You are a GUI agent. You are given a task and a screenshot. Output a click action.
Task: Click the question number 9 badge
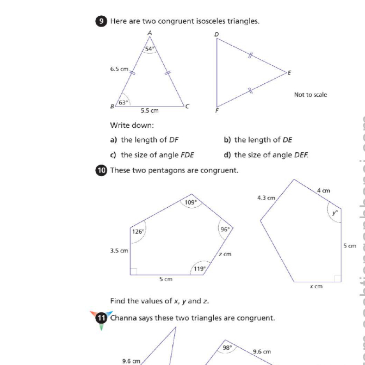point(101,21)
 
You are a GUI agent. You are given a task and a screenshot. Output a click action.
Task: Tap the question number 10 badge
point(101,170)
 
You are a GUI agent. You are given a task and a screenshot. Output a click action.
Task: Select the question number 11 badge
point(101,318)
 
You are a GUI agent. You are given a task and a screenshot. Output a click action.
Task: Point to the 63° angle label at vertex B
point(124,102)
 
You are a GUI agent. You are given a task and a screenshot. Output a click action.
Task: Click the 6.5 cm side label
point(119,69)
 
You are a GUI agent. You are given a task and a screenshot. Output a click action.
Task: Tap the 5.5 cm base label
point(150,111)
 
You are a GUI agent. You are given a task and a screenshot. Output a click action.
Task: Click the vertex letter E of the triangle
point(289,72)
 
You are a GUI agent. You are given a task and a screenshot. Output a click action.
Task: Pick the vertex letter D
point(216,35)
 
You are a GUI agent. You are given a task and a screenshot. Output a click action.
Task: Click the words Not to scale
point(310,95)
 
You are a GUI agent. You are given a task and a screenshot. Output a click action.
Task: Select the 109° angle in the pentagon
point(190,202)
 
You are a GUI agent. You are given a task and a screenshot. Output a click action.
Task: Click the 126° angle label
point(138,232)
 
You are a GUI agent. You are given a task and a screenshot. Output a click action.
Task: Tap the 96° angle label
point(225,229)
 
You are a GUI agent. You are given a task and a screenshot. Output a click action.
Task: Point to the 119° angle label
point(200,268)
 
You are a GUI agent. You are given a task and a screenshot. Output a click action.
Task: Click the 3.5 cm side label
point(119,251)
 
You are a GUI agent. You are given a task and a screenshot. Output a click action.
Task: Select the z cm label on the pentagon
point(225,254)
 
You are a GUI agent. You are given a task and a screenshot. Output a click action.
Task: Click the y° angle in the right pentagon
point(335,213)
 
